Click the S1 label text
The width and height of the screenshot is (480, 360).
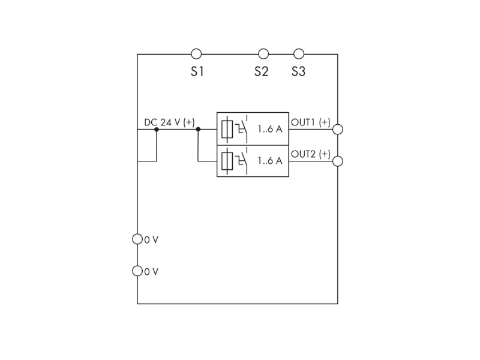click(197, 71)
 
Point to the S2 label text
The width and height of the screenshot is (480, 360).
click(262, 71)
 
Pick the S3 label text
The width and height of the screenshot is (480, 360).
click(298, 71)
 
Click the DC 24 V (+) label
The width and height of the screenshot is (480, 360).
click(169, 122)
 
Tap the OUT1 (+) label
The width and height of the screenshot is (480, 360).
click(311, 122)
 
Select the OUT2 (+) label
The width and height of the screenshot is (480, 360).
click(311, 154)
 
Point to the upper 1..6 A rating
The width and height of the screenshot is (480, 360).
click(270, 129)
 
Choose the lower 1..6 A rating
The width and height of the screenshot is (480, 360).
click(270, 161)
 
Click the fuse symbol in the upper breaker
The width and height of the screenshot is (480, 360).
click(227, 129)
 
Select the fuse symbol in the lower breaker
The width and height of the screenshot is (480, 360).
click(227, 161)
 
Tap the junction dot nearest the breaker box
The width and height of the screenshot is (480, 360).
click(198, 129)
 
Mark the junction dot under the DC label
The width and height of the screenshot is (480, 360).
click(157, 129)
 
